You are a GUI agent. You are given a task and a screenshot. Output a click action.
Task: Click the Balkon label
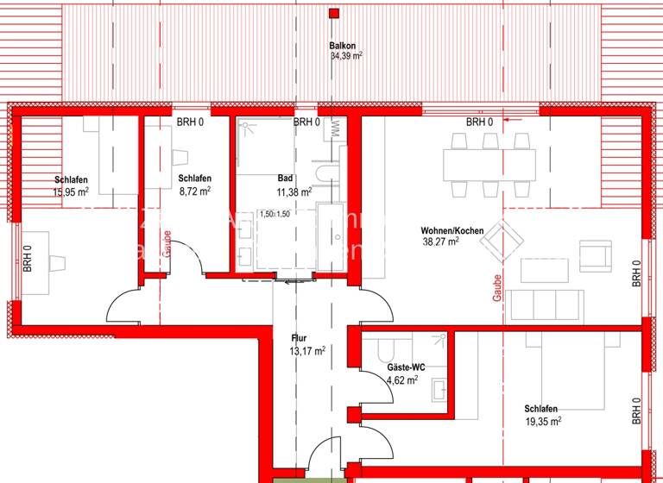[343, 46]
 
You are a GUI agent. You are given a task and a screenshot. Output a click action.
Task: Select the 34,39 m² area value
[345, 57]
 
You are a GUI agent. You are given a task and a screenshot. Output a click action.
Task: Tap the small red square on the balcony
[333, 13]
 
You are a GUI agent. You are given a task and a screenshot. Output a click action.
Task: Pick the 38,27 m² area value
[439, 242]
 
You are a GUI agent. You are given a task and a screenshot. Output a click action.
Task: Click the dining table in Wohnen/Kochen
[489, 164]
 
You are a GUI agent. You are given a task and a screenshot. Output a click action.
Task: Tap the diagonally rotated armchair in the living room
[502, 240]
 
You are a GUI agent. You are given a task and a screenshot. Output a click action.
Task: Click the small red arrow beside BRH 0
[518, 122]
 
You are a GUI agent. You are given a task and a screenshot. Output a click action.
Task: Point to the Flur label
[299, 339]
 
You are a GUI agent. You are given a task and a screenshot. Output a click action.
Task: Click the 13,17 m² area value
[307, 351]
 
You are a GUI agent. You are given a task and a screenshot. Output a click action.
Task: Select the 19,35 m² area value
[542, 421]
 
